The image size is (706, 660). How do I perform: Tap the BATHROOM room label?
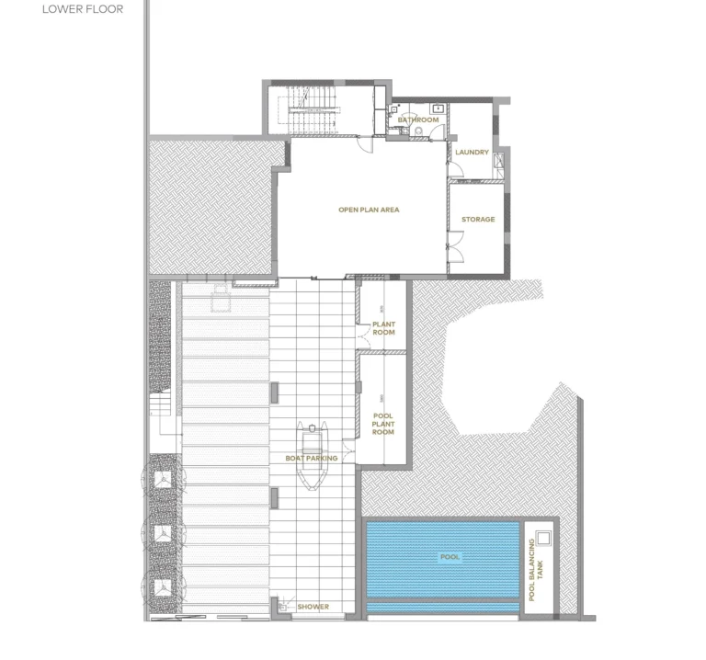click(418, 120)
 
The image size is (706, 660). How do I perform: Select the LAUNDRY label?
click(473, 153)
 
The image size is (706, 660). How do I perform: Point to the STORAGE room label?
click(478, 220)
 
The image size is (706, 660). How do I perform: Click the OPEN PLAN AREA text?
click(369, 211)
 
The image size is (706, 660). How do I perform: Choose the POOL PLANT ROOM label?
click(382, 424)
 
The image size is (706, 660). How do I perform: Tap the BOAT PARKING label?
click(312, 458)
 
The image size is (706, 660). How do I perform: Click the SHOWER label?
click(313, 607)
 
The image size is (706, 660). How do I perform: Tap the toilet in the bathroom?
click(418, 134)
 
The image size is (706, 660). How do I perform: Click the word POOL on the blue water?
click(450, 557)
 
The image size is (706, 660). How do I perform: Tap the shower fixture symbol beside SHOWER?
click(279, 606)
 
